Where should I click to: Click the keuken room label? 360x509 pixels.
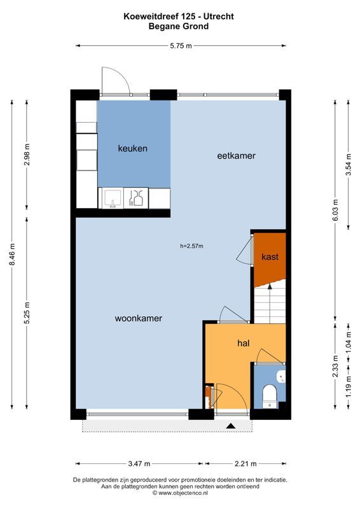pyautogui.click(x=133, y=148)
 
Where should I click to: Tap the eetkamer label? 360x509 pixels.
pyautogui.click(x=236, y=155)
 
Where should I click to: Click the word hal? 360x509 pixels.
pyautogui.click(x=242, y=343)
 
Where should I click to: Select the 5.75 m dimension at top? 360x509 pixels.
pyautogui.click(x=181, y=45)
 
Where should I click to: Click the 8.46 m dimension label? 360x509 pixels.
pyautogui.click(x=13, y=259)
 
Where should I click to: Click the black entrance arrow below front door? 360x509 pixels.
pyautogui.click(x=230, y=426)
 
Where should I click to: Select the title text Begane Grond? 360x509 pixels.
pyautogui.click(x=179, y=27)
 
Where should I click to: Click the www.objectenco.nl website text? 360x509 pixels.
pyautogui.click(x=180, y=492)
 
